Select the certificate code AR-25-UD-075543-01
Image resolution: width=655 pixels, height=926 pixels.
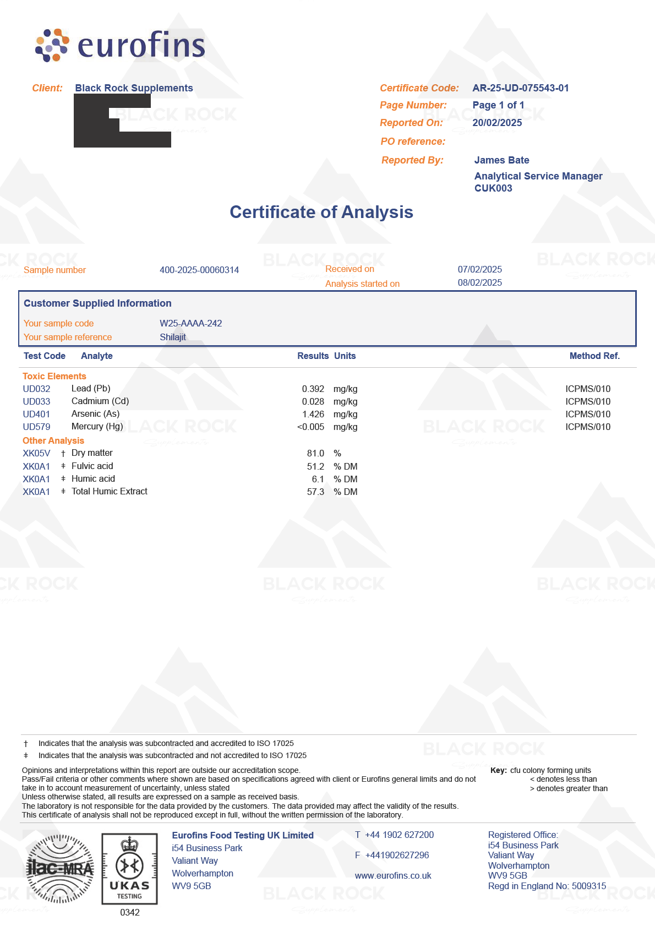(520, 88)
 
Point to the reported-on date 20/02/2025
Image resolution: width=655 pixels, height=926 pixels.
(497, 123)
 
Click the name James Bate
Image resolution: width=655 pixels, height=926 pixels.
(501, 160)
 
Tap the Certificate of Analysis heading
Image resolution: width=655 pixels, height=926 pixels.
(321, 213)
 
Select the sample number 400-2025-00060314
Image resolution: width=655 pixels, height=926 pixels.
(199, 270)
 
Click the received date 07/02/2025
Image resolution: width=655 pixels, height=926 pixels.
(479, 269)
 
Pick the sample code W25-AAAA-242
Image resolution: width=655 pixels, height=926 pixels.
(190, 323)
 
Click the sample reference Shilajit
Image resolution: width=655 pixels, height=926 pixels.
(173, 337)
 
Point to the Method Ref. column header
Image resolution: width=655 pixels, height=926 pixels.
(594, 356)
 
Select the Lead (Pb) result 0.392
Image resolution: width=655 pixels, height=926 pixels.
(313, 389)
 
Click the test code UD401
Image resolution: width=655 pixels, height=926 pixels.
(36, 414)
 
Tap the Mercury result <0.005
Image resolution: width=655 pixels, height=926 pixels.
(310, 427)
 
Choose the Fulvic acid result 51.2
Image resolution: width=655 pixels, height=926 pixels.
(315, 466)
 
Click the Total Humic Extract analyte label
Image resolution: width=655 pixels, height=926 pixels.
(110, 491)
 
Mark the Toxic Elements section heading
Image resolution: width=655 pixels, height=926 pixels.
(54, 376)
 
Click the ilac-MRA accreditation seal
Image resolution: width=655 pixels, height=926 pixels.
(60, 869)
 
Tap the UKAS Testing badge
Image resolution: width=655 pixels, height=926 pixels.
(129, 869)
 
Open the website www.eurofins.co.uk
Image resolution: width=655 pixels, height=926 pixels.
(393, 875)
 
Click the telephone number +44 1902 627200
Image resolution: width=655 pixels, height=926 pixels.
(399, 835)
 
